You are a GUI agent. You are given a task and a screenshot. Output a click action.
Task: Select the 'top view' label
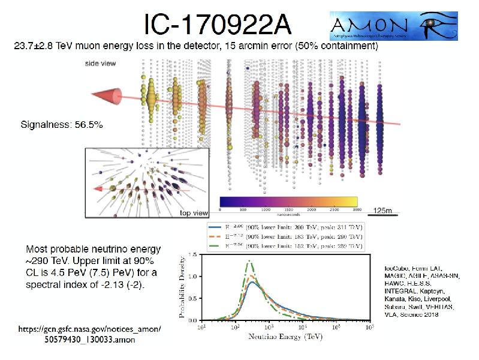(x=194, y=212)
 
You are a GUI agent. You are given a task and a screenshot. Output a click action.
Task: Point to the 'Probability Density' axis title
(x=182, y=287)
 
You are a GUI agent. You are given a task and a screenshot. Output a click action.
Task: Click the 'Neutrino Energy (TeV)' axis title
(x=287, y=338)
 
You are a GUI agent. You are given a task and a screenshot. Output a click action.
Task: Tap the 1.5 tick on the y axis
(x=195, y=255)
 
